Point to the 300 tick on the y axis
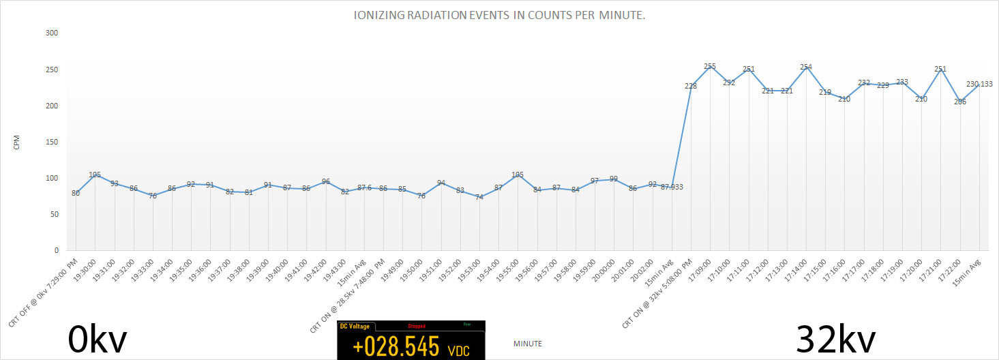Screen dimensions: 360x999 tap(51, 33)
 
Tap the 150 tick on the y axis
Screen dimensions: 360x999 tap(51, 142)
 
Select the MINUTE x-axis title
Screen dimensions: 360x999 tap(527, 344)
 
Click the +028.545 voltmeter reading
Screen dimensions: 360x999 tap(396, 347)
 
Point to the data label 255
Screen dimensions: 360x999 tap(710, 67)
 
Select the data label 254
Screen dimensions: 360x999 tap(806, 67)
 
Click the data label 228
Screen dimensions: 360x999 tap(691, 86)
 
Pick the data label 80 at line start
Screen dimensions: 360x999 tap(76, 194)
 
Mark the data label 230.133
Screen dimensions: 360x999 tap(979, 84)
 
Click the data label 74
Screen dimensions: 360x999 tap(479, 197)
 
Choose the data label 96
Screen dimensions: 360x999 tap(326, 182)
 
